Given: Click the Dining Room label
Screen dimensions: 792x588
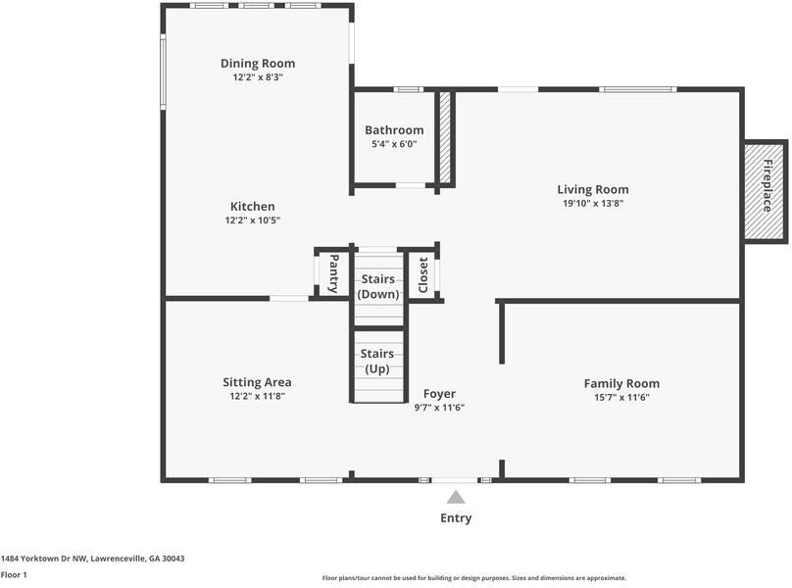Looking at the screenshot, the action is click(258, 63).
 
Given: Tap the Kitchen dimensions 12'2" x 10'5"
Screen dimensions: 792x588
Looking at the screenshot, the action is click(253, 220).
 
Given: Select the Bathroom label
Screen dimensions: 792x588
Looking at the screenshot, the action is click(394, 129).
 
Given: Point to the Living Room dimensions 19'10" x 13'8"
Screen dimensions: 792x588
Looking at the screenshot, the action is click(593, 204).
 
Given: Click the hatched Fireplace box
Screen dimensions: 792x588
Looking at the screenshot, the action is click(766, 192).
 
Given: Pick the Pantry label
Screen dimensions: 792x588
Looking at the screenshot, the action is click(333, 273).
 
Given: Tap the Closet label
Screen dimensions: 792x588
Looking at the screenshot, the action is click(423, 274).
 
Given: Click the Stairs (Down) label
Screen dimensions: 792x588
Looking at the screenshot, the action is click(378, 286).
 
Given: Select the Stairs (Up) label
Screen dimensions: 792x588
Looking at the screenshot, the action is click(377, 362).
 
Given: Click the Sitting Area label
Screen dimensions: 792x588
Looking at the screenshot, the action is click(257, 382).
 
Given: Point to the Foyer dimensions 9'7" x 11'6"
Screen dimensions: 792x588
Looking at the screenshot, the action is click(439, 408).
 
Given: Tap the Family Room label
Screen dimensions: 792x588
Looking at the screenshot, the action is click(621, 383).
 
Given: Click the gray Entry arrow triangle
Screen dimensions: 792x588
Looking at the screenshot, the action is click(456, 498).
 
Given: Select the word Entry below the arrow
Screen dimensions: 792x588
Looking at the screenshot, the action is click(456, 517).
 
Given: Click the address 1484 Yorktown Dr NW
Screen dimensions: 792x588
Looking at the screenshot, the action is click(43, 559).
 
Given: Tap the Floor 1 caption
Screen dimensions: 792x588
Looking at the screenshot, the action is click(14, 574).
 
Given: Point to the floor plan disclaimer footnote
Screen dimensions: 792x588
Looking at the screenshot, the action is click(474, 578).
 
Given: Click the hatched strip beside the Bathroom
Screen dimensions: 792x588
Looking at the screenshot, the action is click(444, 137).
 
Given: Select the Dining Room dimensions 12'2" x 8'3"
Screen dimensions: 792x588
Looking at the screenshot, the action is click(258, 77).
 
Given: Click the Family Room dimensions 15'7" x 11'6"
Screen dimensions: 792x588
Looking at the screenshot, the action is click(621, 397).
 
